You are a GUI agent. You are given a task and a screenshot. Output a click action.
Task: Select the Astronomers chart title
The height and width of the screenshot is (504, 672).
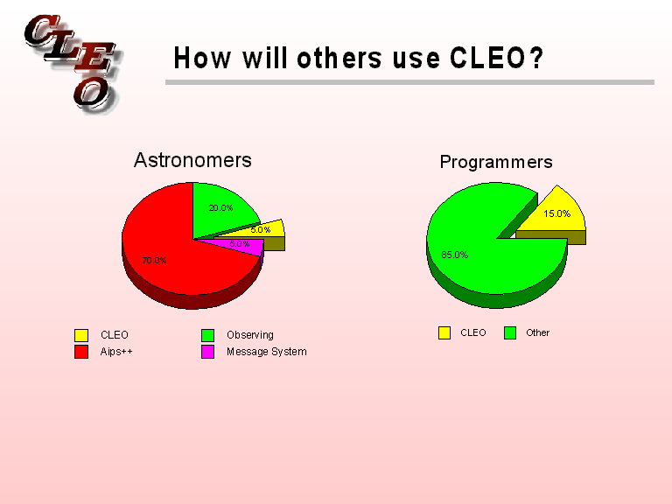[192, 160]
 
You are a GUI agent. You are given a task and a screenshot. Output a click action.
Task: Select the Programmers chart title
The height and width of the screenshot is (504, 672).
[496, 162]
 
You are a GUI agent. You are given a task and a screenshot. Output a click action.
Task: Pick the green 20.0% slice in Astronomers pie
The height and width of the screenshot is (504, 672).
[223, 207]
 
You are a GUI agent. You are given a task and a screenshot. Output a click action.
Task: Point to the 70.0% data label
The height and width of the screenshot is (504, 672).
[154, 261]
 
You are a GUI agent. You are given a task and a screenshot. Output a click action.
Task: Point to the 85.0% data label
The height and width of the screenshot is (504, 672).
[455, 255]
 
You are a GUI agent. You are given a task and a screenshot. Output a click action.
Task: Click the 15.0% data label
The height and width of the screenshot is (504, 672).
[557, 213]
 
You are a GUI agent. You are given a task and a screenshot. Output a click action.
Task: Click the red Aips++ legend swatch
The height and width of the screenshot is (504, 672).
[81, 352]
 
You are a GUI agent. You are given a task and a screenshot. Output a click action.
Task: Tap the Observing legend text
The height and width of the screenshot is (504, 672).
[249, 335]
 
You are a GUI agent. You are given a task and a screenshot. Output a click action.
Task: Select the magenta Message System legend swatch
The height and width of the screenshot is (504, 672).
[208, 352]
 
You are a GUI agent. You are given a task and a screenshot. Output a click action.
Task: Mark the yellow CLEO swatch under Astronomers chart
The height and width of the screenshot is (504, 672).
[81, 335]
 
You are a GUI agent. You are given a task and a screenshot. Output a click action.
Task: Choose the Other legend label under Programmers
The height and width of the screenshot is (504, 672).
[537, 332]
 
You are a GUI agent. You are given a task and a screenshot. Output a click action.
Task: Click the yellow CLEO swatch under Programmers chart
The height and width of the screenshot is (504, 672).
[444, 332]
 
